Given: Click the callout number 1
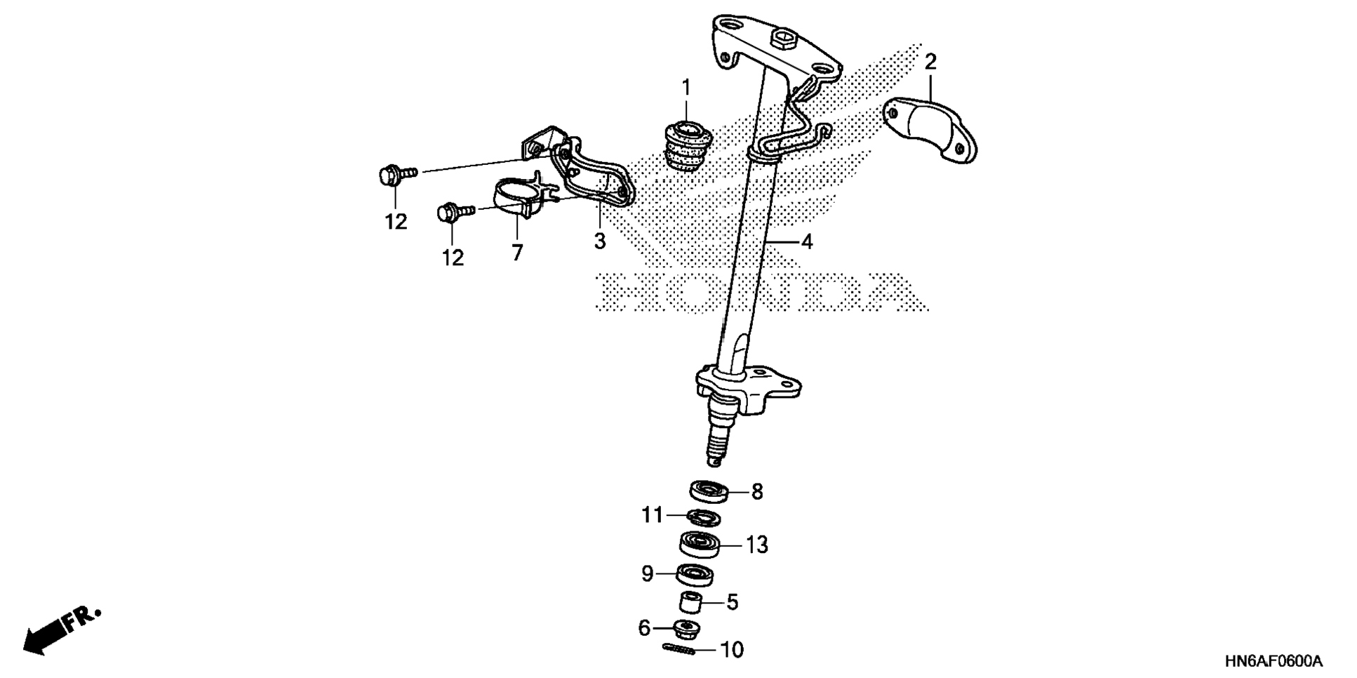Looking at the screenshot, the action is point(686,88).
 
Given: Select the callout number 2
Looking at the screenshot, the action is point(930,62).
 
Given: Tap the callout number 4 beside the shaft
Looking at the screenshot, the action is point(807,242).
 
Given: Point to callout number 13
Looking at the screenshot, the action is point(757,545).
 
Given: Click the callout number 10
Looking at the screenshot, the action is point(732,650).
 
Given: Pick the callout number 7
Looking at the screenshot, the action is point(517,253).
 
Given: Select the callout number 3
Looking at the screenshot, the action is point(599,241).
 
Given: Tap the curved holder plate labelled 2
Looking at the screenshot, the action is point(930,130).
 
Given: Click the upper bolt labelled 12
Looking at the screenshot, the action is point(390,174).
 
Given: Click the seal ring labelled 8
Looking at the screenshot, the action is point(708,491).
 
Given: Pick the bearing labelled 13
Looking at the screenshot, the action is point(700,544).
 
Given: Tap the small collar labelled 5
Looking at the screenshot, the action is point(690,602).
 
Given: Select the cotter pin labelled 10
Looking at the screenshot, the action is point(678,650).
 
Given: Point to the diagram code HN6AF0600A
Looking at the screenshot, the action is point(1274,661).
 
